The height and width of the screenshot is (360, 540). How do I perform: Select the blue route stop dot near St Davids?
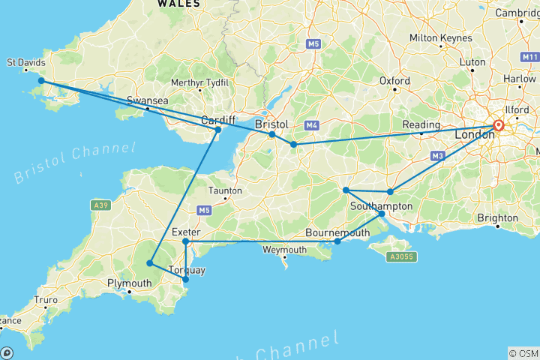tap(41, 81)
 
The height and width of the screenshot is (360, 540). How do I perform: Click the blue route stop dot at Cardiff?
tap(218, 130)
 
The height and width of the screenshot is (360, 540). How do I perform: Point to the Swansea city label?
tap(146, 100)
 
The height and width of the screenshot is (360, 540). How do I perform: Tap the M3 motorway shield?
tap(436, 156)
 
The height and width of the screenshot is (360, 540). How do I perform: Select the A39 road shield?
tap(100, 204)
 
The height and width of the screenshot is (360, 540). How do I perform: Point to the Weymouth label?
tap(284, 250)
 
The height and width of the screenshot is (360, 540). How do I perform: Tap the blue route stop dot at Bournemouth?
tap(337, 241)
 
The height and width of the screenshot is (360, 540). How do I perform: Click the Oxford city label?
tap(394, 81)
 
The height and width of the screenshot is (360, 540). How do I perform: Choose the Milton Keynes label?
tap(441, 38)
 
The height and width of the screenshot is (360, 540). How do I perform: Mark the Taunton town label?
tap(224, 190)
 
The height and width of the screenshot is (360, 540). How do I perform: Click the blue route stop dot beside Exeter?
tap(185, 241)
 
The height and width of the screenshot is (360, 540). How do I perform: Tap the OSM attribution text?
tap(522, 352)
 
